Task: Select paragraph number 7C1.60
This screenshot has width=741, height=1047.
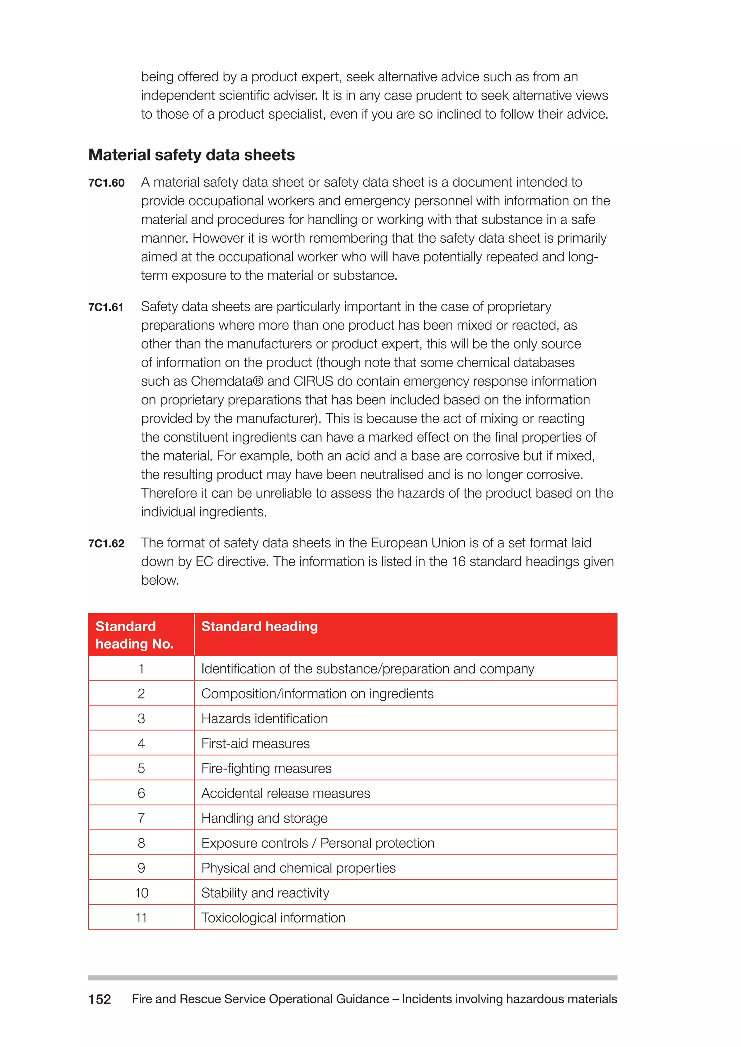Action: tap(106, 183)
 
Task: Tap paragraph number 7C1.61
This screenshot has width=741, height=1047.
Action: tap(106, 307)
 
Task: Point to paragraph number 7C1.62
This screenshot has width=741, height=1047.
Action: tap(106, 543)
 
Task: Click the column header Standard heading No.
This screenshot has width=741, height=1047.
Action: tap(135, 635)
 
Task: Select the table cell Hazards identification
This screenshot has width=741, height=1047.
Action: tap(264, 719)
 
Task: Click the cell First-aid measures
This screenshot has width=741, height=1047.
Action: tap(255, 743)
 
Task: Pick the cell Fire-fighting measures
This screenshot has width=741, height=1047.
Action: tap(266, 768)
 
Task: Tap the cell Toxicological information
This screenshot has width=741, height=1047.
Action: tap(273, 918)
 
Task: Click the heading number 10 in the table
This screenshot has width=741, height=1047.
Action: tap(141, 893)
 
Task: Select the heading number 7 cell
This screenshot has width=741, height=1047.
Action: tap(141, 818)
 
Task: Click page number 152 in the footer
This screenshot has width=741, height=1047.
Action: tap(99, 999)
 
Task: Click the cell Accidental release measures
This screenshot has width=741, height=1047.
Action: tap(285, 794)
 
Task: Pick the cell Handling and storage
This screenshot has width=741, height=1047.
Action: tap(264, 818)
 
